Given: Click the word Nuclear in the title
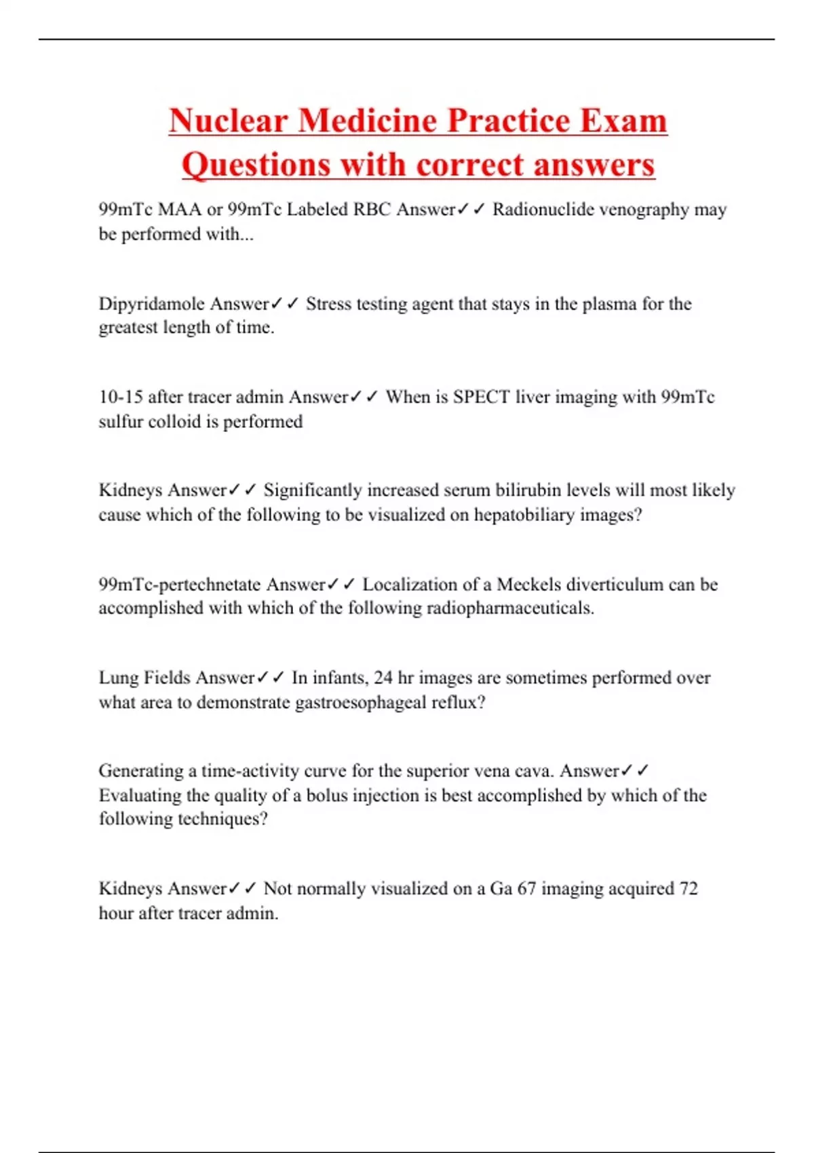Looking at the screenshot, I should point(228,121).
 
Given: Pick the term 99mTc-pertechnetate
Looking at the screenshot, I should point(180,584).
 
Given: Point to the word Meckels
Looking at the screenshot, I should point(528,584).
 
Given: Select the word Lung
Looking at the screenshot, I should point(119,678).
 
